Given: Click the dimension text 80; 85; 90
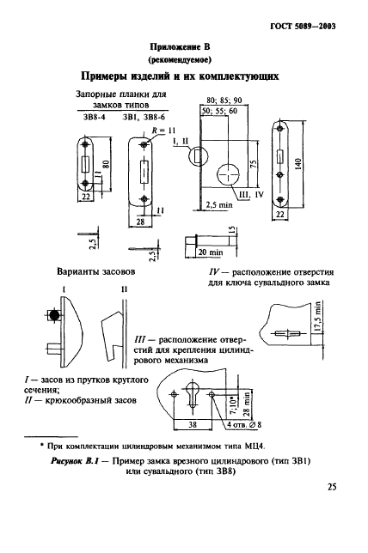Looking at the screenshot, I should point(230,99).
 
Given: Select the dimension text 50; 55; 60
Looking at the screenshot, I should point(219,112).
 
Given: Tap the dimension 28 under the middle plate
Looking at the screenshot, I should point(139,222).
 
